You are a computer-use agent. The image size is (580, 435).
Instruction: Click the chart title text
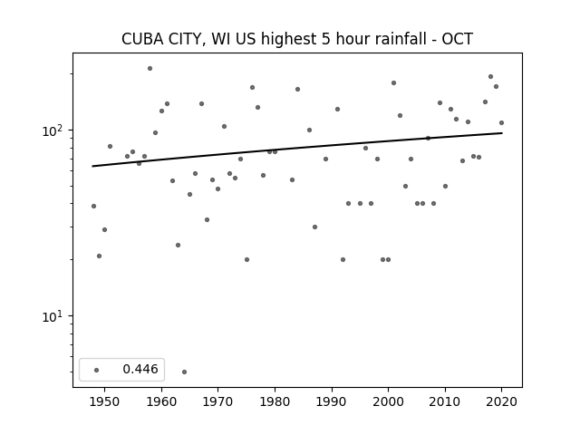click(x=297, y=39)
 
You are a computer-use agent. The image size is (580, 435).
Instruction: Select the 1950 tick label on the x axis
click(x=105, y=401)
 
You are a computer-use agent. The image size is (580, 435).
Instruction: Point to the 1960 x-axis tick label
click(x=161, y=401)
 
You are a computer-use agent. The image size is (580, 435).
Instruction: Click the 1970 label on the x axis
click(x=218, y=401)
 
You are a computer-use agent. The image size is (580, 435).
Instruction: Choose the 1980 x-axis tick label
click(x=275, y=401)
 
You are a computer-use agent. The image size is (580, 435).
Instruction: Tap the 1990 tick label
click(x=332, y=401)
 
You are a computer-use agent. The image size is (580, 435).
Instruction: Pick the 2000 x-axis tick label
click(x=389, y=401)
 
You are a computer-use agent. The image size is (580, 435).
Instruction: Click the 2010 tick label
click(x=445, y=401)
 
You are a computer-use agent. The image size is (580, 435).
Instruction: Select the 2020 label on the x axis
click(x=501, y=401)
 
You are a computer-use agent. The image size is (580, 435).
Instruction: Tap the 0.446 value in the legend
click(x=140, y=369)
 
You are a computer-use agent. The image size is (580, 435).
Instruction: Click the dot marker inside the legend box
click(x=97, y=370)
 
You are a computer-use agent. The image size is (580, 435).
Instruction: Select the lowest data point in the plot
click(x=184, y=372)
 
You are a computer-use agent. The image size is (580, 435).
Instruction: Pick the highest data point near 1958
click(x=150, y=69)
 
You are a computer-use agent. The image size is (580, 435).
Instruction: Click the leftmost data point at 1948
click(x=93, y=206)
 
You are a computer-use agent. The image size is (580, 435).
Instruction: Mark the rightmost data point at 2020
click(x=501, y=123)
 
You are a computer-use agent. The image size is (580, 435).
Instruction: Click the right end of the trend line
click(x=502, y=133)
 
